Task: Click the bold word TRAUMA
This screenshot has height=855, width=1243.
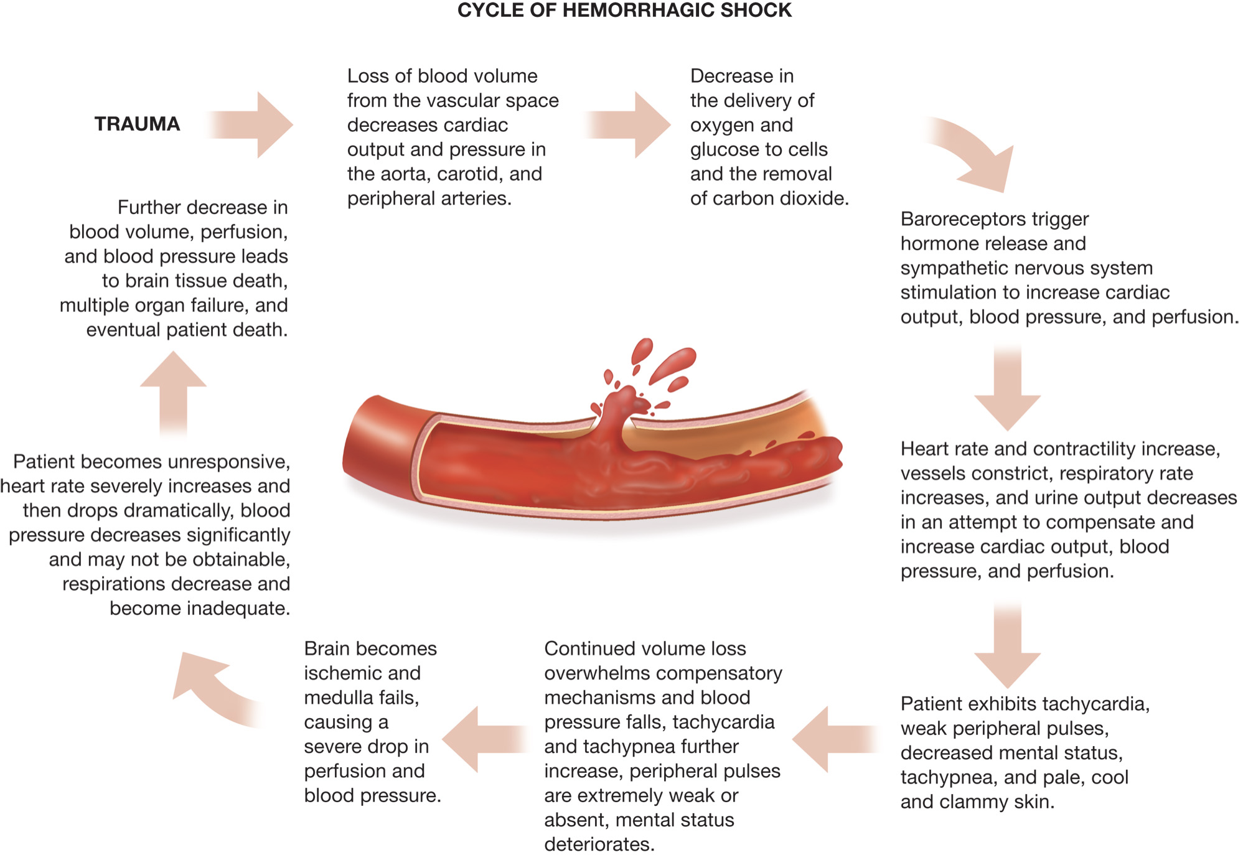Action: pos(137,124)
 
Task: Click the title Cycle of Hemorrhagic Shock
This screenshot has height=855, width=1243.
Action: pos(624,11)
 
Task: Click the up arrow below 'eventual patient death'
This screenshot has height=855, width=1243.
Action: pos(173,392)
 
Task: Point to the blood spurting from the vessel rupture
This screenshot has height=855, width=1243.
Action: pos(616,411)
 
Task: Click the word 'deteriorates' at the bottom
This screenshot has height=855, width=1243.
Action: pos(599,844)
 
